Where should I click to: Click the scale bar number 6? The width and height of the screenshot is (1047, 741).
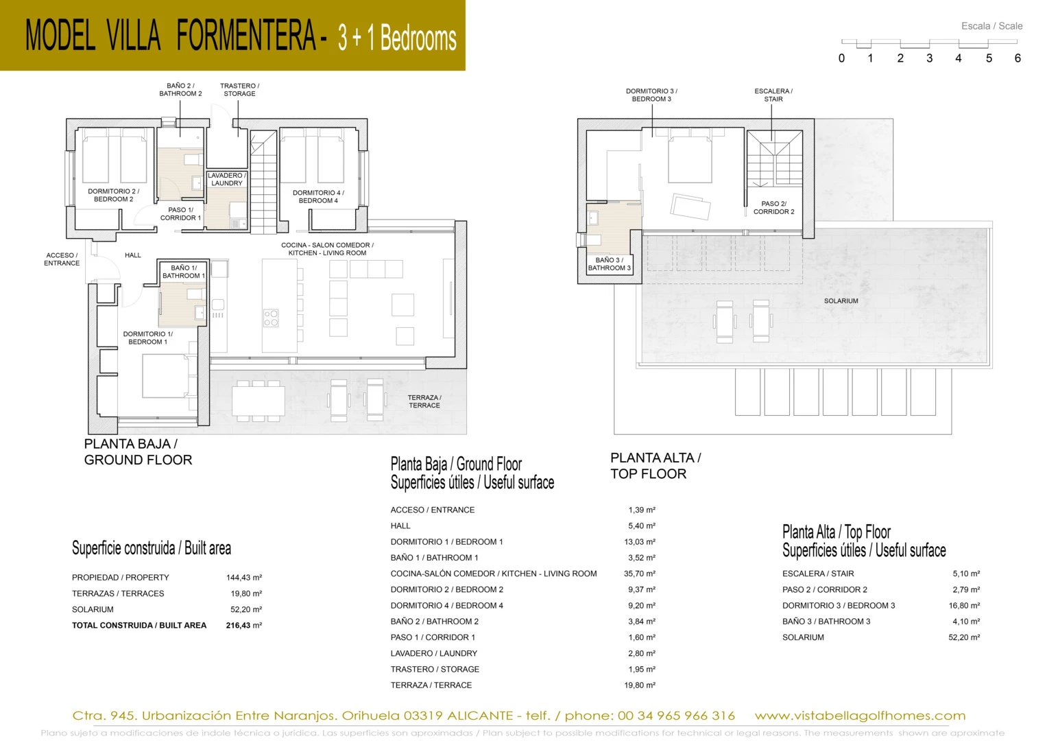point(1018,58)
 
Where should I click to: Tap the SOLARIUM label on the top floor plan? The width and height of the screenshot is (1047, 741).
point(841,301)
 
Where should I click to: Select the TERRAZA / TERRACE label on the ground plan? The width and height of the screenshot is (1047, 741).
point(424,401)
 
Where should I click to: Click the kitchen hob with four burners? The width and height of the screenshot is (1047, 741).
point(271,318)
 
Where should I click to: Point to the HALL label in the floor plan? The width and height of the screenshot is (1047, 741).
point(133,255)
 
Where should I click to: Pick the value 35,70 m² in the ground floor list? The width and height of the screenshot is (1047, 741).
point(640,574)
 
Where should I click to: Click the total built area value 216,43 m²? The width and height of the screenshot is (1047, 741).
point(244,625)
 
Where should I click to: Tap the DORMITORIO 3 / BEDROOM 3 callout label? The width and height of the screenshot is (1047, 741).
point(651,95)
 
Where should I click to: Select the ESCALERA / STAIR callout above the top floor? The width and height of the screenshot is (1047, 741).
point(773,95)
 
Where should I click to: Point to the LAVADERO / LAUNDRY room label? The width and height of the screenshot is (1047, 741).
point(227,179)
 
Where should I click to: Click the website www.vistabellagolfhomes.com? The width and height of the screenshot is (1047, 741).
point(860,715)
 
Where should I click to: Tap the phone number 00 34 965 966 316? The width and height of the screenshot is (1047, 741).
point(676,715)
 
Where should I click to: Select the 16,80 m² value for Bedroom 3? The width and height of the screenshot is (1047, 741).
point(964,605)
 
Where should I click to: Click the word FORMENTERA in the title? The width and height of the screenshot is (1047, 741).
point(246,36)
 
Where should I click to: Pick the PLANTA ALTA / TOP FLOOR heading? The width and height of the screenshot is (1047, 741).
point(655,465)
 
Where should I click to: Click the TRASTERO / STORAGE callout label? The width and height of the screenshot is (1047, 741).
point(239,90)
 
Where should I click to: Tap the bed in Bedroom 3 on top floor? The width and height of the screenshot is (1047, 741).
point(690,156)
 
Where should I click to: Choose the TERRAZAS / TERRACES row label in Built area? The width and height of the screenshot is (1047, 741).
point(118,593)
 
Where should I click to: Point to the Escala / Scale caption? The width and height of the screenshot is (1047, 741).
point(992,26)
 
